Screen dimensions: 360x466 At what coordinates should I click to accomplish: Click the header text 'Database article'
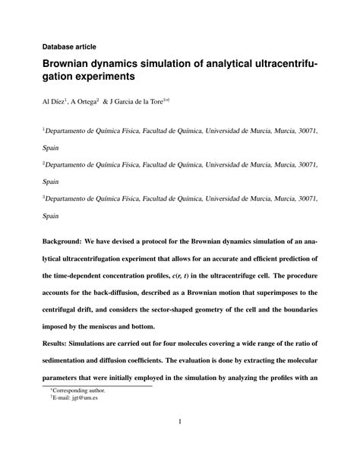pos(69,46)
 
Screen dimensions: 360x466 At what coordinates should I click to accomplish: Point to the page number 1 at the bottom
pos(179,423)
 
